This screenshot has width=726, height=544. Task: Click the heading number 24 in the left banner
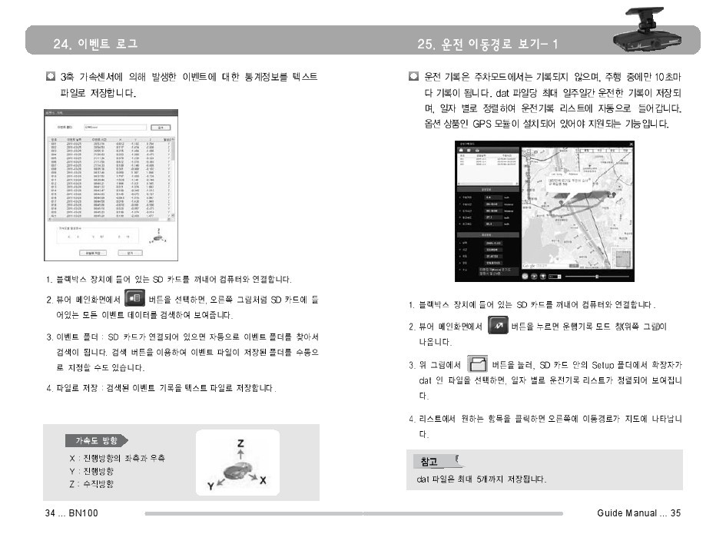click(62, 44)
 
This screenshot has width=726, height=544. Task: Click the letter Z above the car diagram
click(240, 444)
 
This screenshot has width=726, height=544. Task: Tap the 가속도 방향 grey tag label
click(96, 441)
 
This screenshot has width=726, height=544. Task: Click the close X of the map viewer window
click(632, 144)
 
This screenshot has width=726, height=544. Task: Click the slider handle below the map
click(597, 274)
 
